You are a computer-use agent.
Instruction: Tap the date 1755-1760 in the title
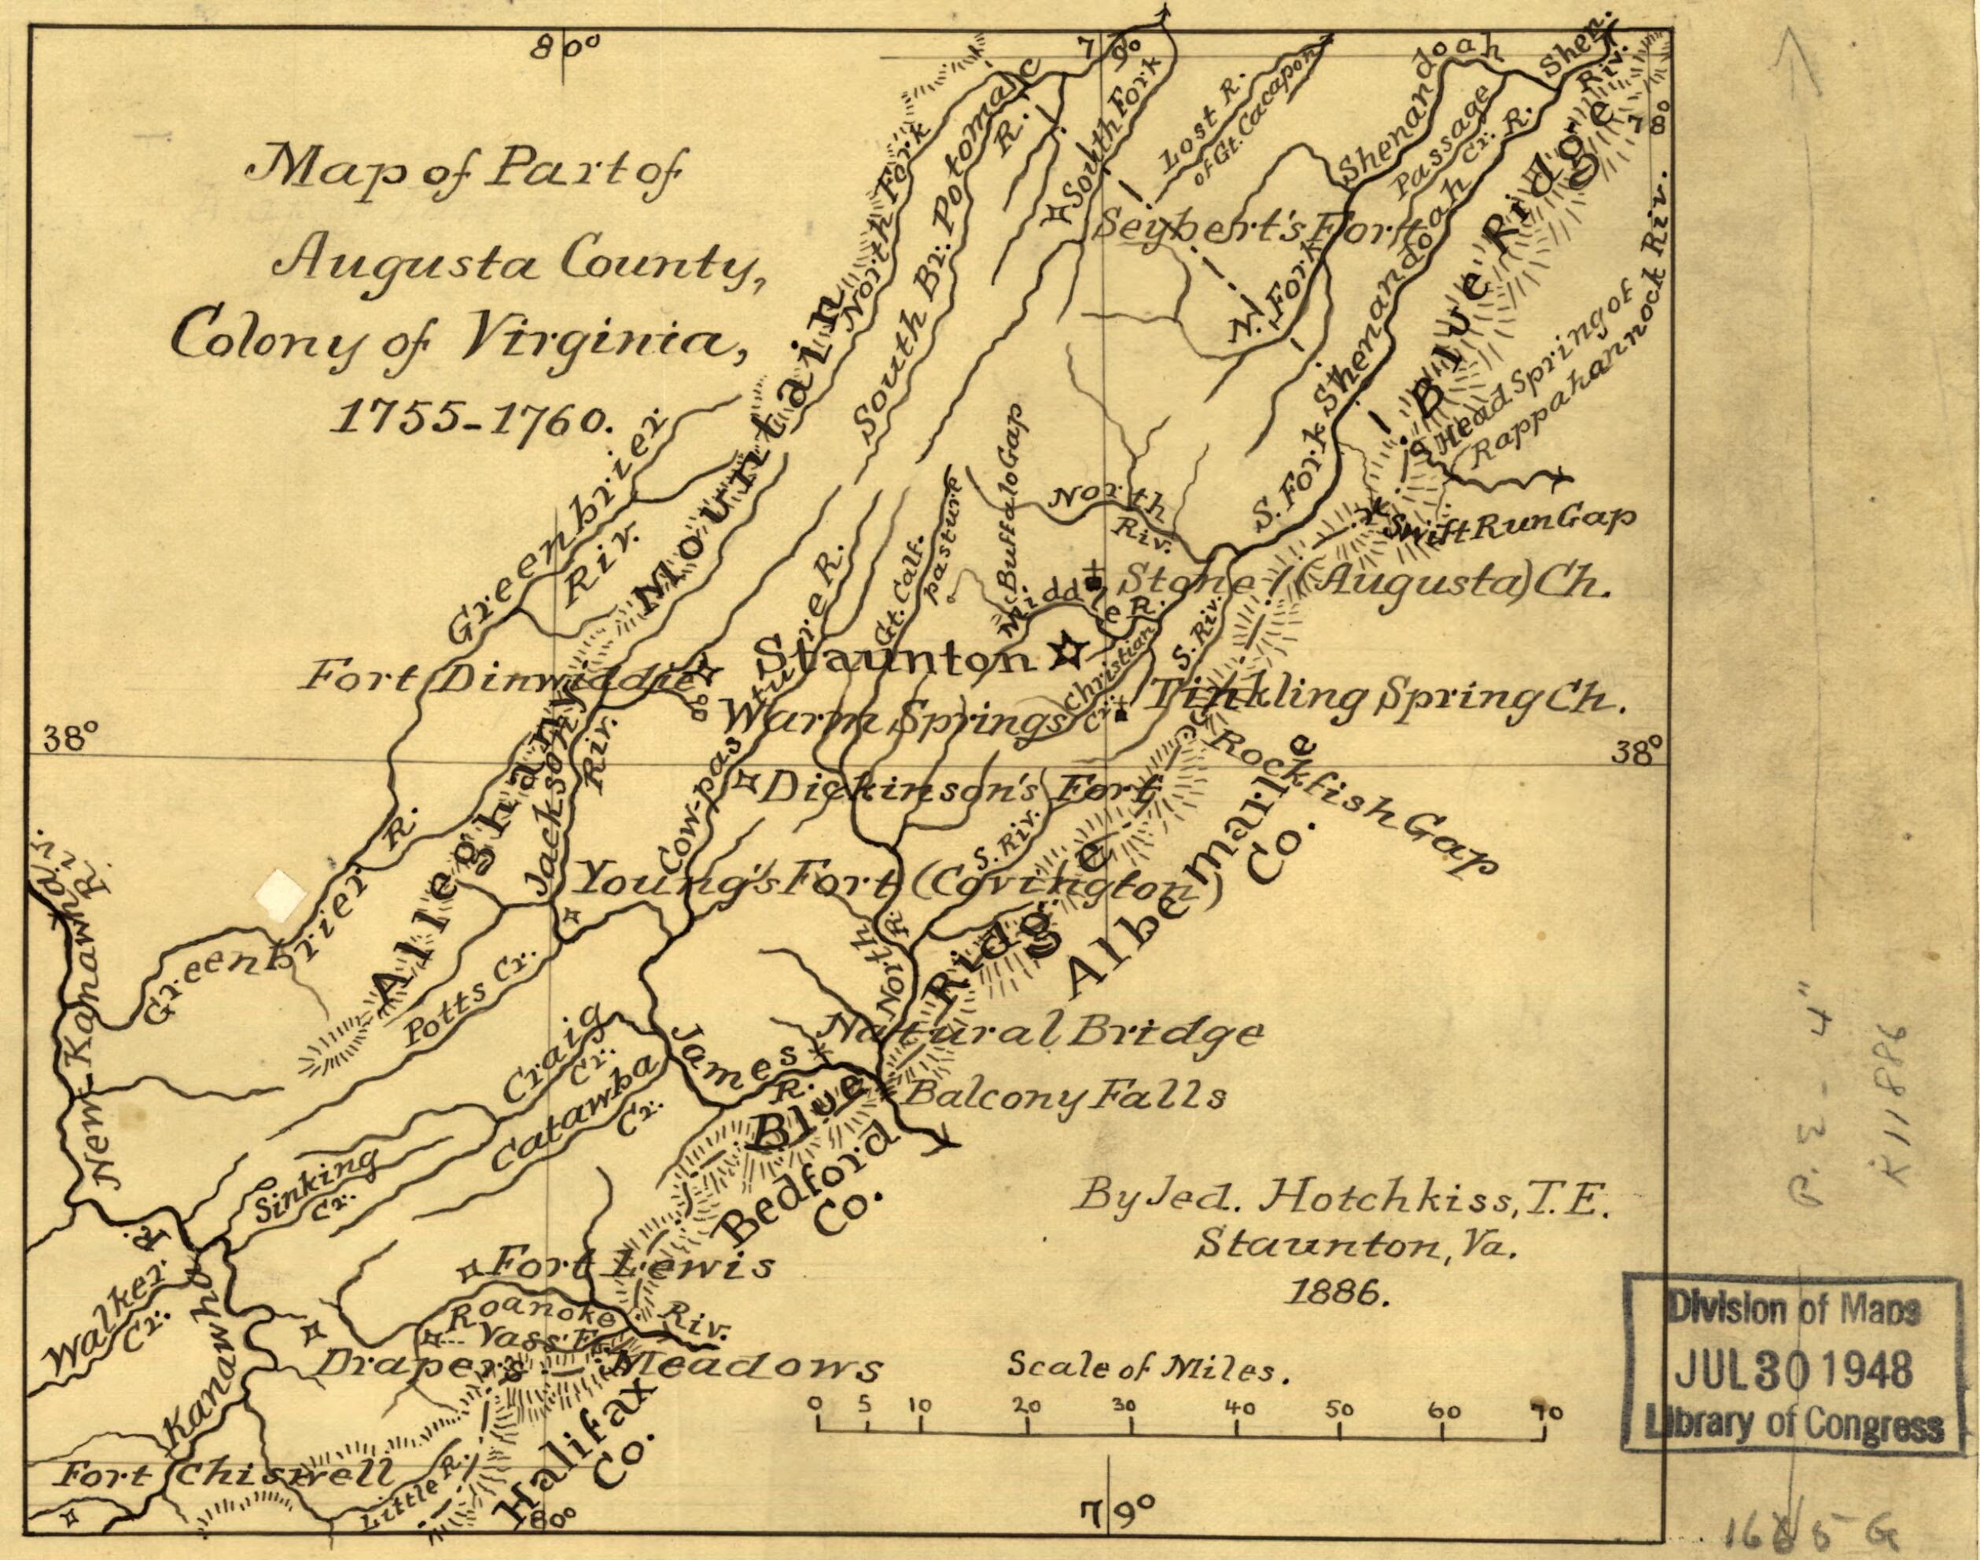coord(474,417)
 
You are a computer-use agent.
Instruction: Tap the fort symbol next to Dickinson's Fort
coord(746,782)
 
